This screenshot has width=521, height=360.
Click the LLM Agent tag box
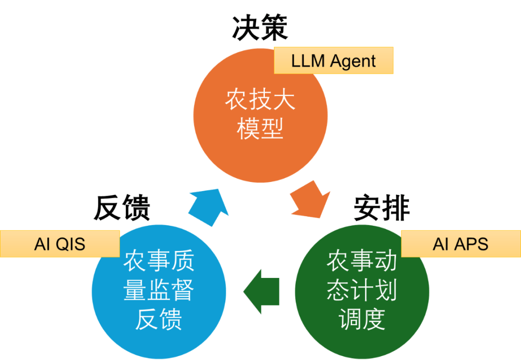(x=334, y=61)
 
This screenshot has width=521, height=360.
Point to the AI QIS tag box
(x=60, y=244)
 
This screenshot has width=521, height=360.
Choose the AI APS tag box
(x=461, y=244)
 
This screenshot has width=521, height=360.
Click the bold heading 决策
(x=260, y=28)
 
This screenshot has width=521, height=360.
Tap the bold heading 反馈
(x=122, y=209)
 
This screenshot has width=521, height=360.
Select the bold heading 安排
(x=382, y=209)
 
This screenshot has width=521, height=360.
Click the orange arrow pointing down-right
(x=310, y=199)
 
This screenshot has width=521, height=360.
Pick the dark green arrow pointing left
(x=261, y=291)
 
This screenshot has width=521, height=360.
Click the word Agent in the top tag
(x=354, y=62)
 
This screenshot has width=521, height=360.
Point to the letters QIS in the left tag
(x=70, y=244)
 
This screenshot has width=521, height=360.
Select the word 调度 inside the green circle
(x=362, y=318)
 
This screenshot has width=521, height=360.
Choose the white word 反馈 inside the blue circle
(x=159, y=318)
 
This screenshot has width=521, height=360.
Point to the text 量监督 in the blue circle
(x=159, y=291)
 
